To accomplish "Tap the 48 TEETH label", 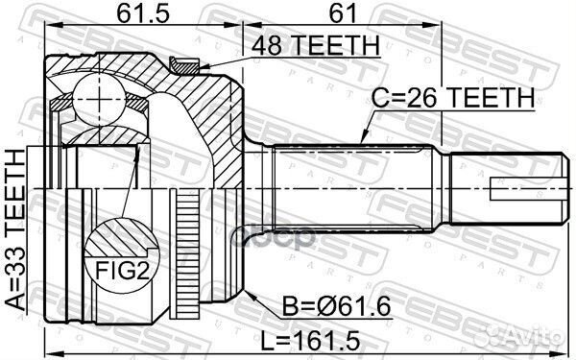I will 313,44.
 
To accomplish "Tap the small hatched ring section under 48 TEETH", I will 181,64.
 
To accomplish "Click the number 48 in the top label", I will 265,44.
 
